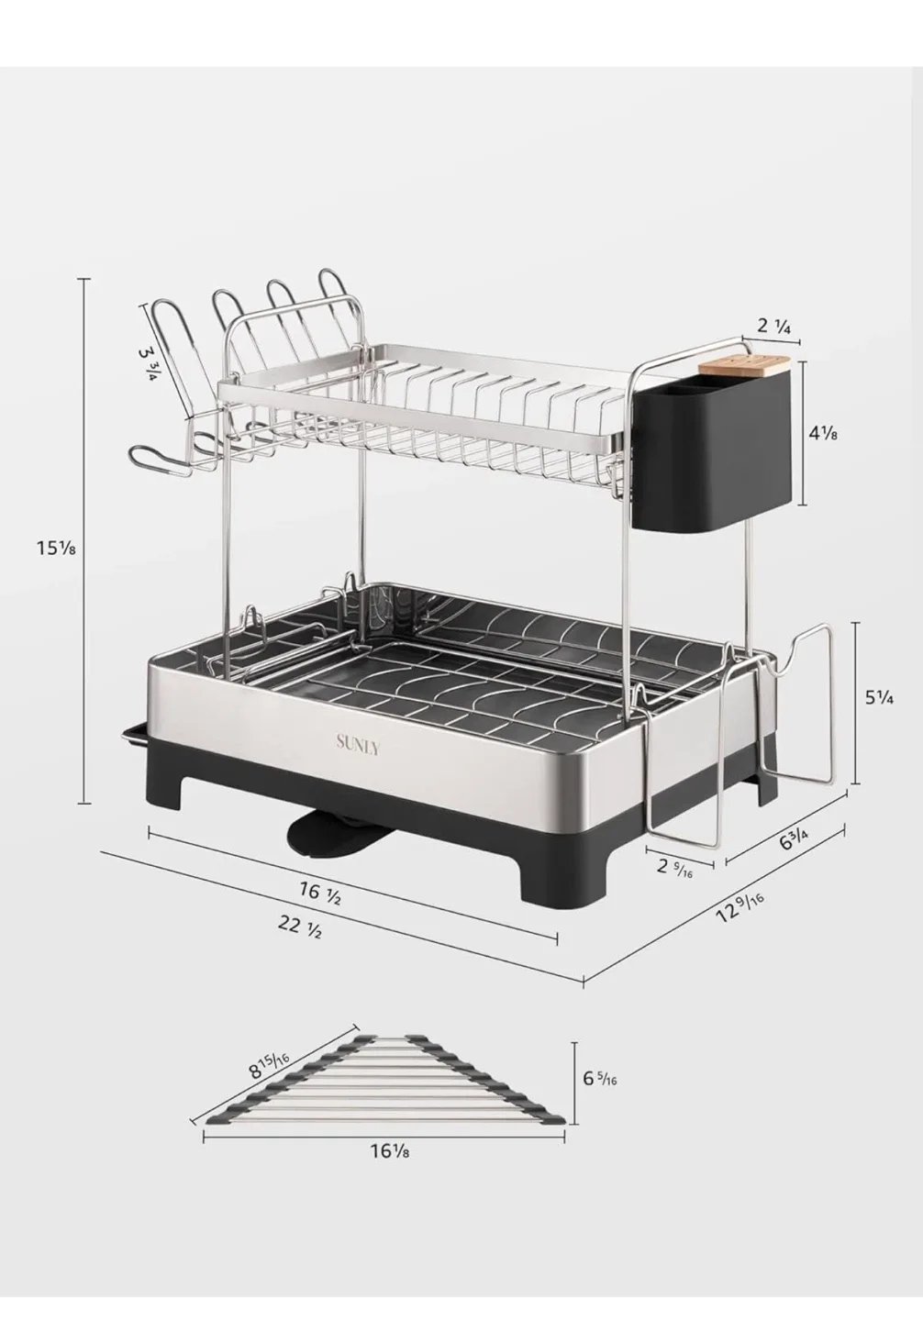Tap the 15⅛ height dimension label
click(55, 549)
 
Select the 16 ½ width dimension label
click(320, 892)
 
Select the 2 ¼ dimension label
click(774, 326)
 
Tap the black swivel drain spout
click(322, 836)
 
